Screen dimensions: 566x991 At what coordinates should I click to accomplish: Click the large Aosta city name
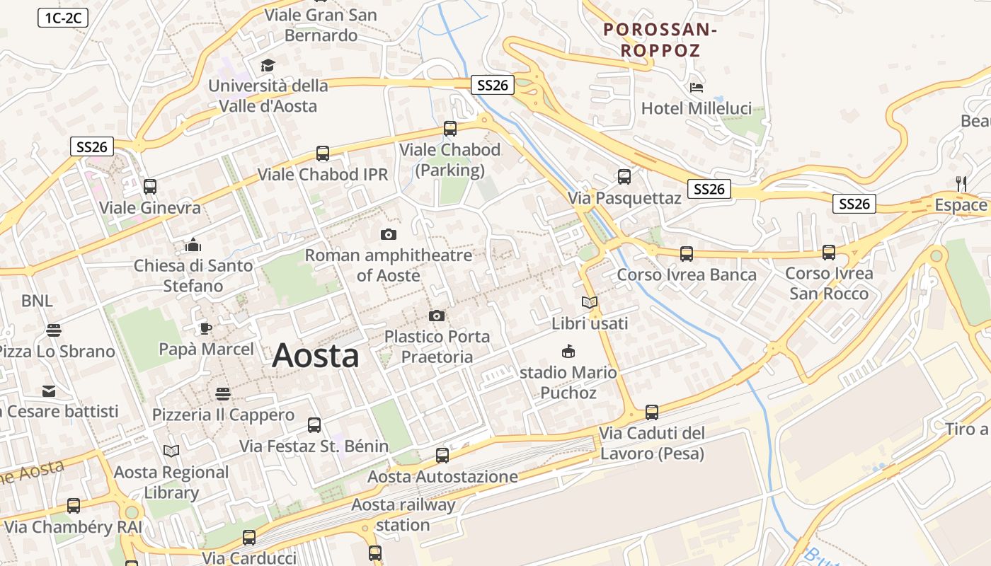click(315, 355)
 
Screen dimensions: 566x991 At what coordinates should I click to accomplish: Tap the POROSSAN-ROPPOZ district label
click(660, 40)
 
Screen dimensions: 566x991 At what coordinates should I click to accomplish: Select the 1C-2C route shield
click(63, 18)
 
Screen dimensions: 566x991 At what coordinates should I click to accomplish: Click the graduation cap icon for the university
click(268, 66)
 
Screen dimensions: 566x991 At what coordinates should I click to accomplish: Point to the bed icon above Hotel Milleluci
click(697, 88)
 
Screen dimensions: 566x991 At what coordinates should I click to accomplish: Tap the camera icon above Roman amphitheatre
click(388, 234)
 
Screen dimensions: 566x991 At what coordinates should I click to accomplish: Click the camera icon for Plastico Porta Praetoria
click(437, 316)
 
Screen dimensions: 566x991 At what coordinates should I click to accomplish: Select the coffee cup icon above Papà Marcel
click(205, 328)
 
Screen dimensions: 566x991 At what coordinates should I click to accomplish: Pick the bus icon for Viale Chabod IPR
click(323, 153)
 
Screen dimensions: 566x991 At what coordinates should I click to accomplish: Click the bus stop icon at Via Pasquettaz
click(624, 177)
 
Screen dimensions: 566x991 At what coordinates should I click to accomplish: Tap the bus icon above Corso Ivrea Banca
click(686, 253)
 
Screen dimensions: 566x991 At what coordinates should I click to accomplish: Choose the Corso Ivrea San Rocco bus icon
click(829, 252)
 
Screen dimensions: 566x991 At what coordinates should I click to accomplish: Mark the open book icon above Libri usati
click(589, 303)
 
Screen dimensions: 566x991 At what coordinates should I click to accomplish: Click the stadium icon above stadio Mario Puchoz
click(568, 351)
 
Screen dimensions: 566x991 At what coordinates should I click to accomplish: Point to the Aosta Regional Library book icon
click(171, 451)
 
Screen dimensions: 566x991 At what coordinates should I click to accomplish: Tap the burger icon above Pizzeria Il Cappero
click(223, 393)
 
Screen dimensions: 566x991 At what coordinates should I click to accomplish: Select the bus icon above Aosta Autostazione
click(442, 456)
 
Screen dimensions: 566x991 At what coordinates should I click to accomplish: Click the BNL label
click(37, 301)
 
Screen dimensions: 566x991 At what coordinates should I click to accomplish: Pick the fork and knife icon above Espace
click(961, 183)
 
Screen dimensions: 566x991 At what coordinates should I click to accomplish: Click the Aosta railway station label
click(403, 514)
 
